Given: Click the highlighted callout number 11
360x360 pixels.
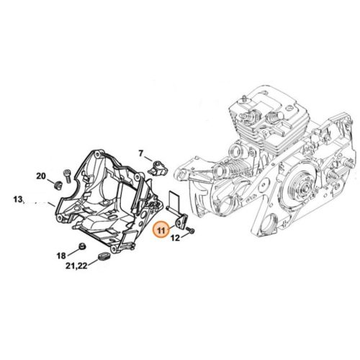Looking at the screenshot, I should (x=161, y=230).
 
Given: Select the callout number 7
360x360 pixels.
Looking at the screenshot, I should (x=142, y=153).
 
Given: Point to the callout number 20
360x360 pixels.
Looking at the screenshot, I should (x=40, y=176).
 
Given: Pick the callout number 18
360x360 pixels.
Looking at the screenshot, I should (x=61, y=256).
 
